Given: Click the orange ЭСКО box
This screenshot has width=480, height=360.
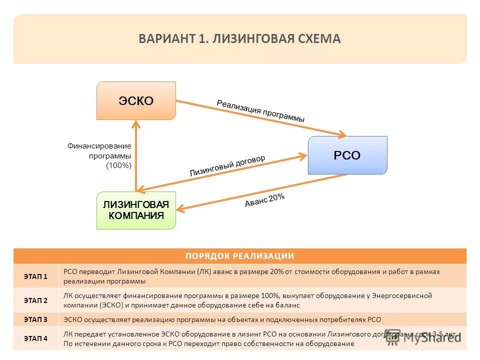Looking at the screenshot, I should click(x=136, y=100).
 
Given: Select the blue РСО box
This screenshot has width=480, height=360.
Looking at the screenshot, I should click(x=347, y=155).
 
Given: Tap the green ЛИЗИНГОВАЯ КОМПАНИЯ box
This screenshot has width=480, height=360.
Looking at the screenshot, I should click(x=136, y=210).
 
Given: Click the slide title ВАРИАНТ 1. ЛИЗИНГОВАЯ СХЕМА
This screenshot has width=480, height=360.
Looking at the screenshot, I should click(x=239, y=39).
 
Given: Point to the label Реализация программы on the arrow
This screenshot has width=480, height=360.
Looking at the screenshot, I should click(x=260, y=111).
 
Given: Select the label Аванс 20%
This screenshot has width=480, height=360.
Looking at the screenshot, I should click(x=264, y=200).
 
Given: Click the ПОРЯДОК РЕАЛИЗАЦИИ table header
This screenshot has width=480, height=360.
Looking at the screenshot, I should click(x=239, y=256).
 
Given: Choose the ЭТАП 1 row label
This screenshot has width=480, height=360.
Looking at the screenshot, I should click(x=35, y=276).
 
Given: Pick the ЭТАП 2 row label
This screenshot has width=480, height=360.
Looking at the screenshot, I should click(x=35, y=300).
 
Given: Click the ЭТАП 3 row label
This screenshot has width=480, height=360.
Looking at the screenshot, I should click(x=35, y=319).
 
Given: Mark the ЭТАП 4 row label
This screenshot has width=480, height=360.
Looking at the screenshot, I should click(x=35, y=338).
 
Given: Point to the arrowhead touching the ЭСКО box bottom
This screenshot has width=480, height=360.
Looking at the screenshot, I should click(x=136, y=123).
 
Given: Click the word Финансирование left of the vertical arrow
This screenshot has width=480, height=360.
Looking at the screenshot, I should click(x=99, y=146).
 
